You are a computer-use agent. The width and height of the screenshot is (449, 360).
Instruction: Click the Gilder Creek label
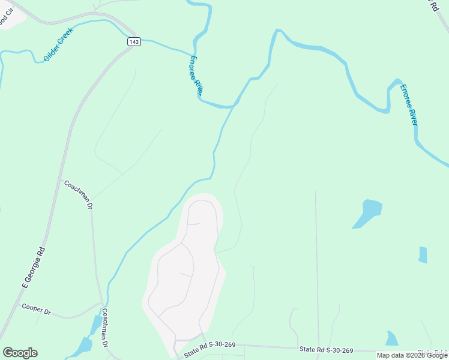tap(58, 45)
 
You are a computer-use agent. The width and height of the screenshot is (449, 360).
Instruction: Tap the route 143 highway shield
tap(134, 41)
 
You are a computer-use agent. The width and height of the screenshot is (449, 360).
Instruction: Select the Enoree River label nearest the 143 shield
tap(196, 76)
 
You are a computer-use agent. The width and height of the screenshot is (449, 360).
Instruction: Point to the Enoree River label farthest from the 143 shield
tap(409, 104)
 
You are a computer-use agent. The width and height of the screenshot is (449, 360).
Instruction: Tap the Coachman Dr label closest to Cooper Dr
tap(104, 328)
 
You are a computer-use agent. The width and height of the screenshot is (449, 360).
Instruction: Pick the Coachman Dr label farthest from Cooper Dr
tap(78, 194)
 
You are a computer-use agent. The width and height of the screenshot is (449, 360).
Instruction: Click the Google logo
tap(20, 353)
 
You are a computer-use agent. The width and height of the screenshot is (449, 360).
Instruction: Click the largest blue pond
tap(368, 213)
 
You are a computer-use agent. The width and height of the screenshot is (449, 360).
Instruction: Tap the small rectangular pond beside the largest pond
tap(423, 254)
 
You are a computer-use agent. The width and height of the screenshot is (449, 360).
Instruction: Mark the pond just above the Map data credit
tap(392, 338)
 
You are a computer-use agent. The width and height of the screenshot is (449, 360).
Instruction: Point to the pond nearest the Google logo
tap(83, 345)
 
